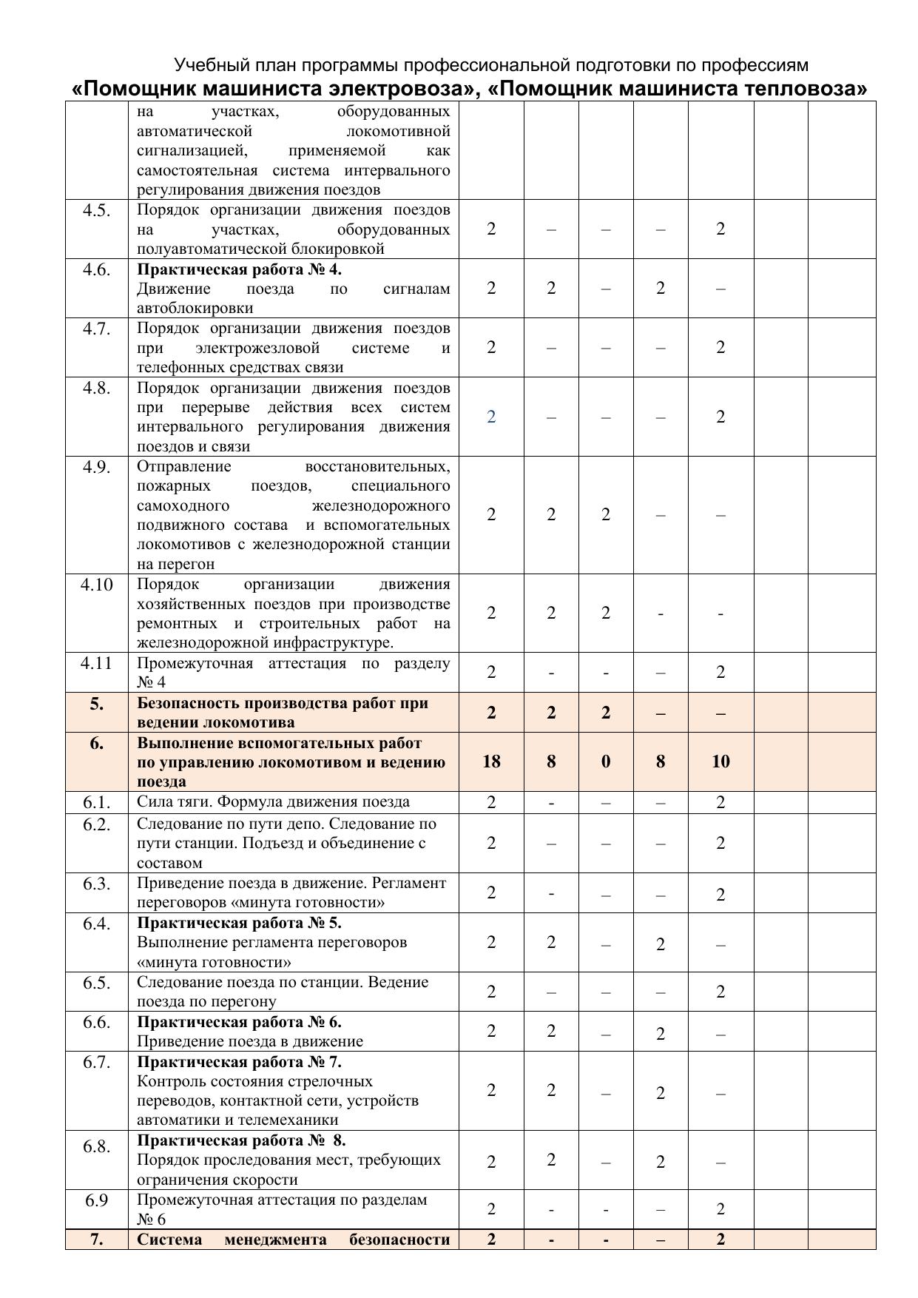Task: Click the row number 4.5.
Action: (x=97, y=210)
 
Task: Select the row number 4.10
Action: (x=97, y=585)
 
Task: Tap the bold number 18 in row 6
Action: (x=491, y=761)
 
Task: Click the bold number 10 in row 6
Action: (x=720, y=761)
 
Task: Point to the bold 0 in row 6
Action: (x=606, y=761)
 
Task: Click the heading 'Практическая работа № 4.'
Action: (x=239, y=269)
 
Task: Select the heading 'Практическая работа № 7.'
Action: (x=239, y=1062)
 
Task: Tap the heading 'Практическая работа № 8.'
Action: (x=241, y=1140)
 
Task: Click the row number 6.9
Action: (x=97, y=1200)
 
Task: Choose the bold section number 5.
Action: (x=97, y=704)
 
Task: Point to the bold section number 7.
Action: (x=97, y=1240)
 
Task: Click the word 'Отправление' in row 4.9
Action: (x=183, y=466)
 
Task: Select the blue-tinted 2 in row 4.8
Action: (x=491, y=417)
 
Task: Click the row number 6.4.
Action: (x=97, y=924)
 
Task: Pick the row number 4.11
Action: (x=97, y=663)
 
